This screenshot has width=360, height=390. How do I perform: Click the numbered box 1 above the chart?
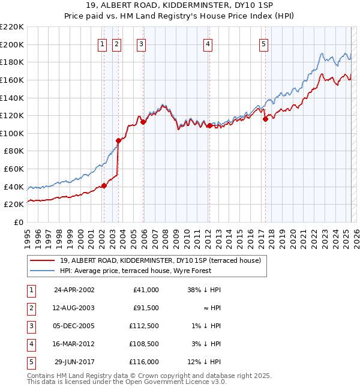click(x=102, y=43)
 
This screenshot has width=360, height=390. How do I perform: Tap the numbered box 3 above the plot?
click(x=140, y=43)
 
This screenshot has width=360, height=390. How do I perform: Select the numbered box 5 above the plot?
click(x=264, y=43)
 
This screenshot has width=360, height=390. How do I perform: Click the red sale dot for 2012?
click(x=209, y=126)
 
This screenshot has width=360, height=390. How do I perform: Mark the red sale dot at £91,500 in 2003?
click(x=118, y=141)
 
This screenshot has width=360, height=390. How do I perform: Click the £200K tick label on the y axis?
click(x=12, y=44)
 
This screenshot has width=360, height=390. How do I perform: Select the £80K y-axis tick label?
click(x=14, y=151)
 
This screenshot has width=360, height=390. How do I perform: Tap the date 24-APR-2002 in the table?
click(x=74, y=290)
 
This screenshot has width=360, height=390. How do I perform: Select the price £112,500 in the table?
click(x=144, y=326)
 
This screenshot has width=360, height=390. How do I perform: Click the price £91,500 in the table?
click(x=146, y=308)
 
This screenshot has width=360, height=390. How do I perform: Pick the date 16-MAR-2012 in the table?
click(x=74, y=344)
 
